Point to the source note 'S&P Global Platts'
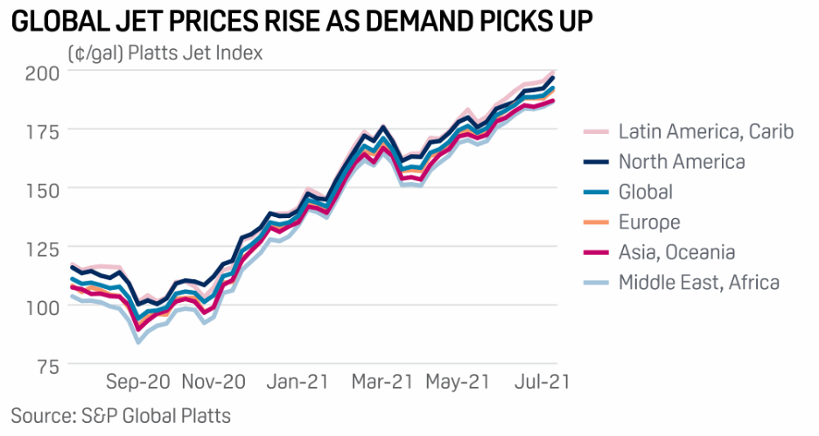(x=121, y=413)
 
